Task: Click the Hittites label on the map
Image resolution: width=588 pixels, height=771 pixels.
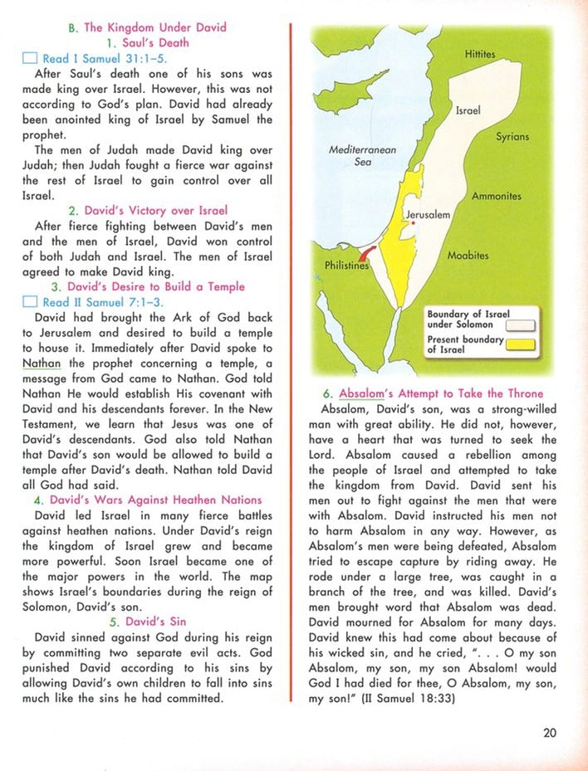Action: [480, 55]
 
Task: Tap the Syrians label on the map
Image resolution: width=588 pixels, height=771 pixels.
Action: [512, 137]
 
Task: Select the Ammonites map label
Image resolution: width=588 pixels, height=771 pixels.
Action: [496, 197]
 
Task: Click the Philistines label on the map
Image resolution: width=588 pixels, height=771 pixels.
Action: [345, 266]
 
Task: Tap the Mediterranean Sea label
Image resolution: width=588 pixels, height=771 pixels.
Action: [363, 156]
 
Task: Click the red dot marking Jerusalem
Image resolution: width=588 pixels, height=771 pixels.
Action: [413, 223]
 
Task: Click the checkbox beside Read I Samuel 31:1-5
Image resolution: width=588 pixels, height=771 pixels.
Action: [29, 59]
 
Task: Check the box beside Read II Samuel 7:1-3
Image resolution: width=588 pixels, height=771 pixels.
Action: [29, 303]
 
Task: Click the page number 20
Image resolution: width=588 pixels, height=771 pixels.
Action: [549, 732]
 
